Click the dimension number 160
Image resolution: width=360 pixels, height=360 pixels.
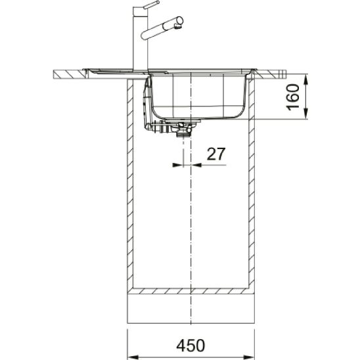294,97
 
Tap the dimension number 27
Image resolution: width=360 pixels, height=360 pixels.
216,154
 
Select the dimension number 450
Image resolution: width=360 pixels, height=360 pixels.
191,346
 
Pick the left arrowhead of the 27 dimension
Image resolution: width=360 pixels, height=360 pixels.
177,165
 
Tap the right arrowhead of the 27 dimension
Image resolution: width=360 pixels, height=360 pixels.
196,165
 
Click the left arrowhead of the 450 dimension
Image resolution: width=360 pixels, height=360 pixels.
133,357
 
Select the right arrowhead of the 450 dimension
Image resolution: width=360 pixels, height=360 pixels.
249,357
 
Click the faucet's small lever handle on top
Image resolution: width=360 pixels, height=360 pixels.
151,5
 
